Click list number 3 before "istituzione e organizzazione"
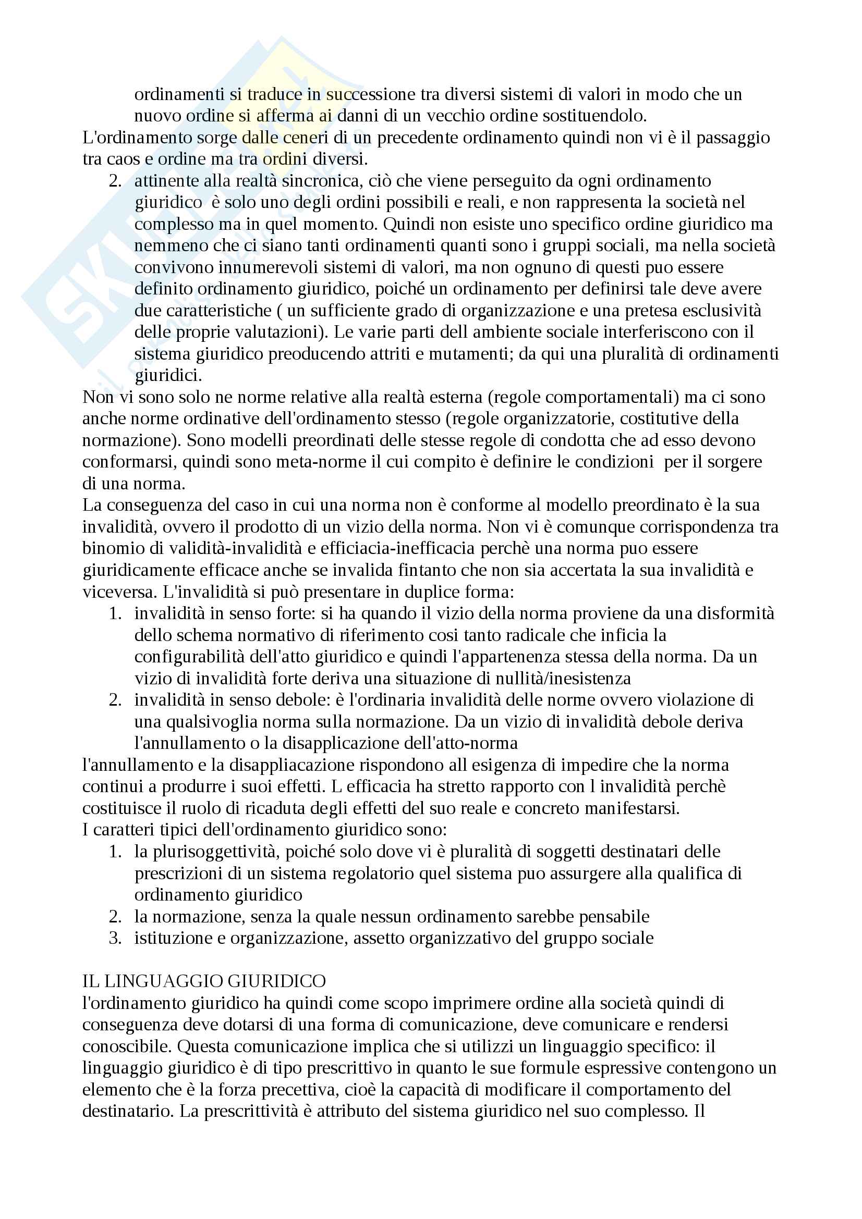(x=115, y=938)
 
